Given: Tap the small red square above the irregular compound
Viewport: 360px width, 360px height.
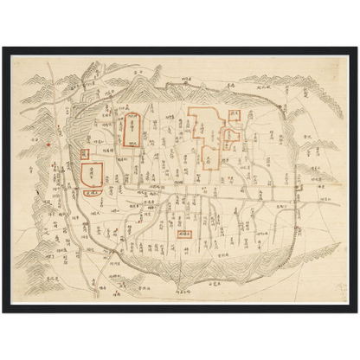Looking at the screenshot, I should coord(234,114).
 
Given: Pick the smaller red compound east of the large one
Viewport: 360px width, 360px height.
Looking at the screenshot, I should coord(232,136).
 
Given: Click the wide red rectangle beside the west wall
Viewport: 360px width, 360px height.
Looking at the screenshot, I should coord(92,172).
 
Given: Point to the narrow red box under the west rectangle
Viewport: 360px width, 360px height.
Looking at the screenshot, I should coord(93,193).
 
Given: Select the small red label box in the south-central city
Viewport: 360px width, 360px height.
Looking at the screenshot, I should coord(183,233).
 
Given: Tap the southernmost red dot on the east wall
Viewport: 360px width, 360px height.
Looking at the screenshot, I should coord(297,228).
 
